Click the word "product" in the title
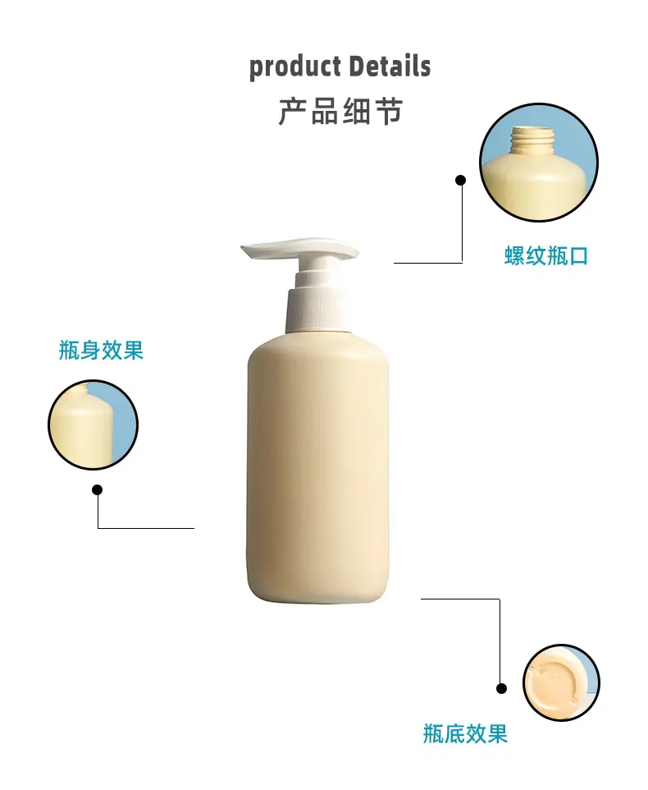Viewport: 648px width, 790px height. pos(294,67)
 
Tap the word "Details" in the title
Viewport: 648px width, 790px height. pos(390,66)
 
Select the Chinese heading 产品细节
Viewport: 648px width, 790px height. pos(340,112)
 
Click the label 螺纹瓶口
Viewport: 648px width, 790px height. pos(545,256)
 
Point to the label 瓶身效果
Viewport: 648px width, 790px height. pos(101,350)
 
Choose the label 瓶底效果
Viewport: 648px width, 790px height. pos(465,733)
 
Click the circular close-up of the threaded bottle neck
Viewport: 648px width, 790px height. pos(539,163)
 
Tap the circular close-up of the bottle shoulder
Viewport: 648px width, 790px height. pos(93,425)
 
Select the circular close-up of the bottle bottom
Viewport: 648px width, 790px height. pos(561,682)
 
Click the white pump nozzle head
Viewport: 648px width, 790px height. pos(300,250)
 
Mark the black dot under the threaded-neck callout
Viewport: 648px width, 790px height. pos(460,180)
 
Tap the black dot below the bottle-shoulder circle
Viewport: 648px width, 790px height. pos(98,489)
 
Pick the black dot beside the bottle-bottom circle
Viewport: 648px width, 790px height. pos(501,688)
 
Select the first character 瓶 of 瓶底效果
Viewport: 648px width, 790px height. pos(432,733)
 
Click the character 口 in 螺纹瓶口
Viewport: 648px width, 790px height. pos(578,256)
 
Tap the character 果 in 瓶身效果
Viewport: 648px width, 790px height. pos(134,350)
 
